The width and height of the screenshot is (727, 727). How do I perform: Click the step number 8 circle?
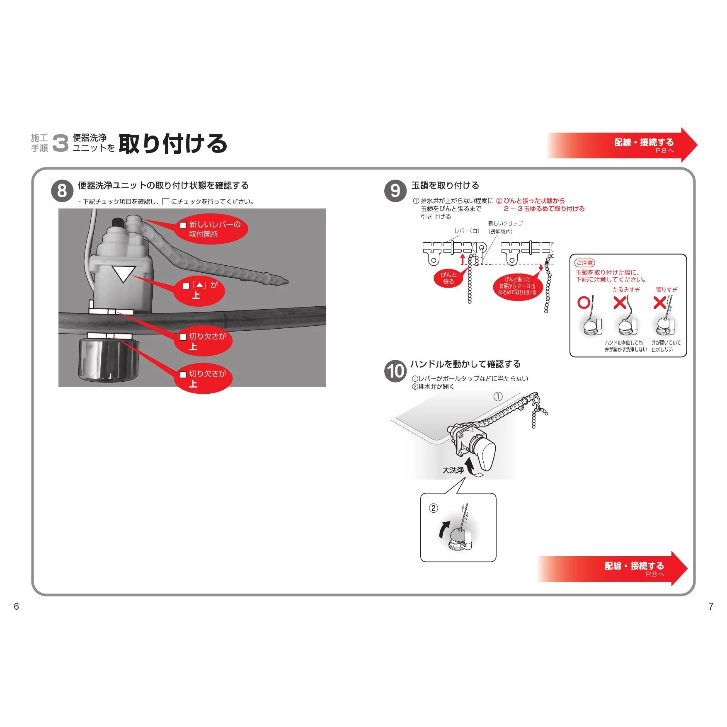click(x=62, y=191)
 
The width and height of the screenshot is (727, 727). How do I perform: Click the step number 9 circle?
click(x=395, y=191)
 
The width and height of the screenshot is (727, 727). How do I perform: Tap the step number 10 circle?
click(x=395, y=371)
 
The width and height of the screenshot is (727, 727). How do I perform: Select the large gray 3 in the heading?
click(x=61, y=143)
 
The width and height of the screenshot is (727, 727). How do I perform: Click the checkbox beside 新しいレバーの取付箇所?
click(x=183, y=225)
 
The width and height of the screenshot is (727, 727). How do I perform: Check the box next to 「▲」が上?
click(x=186, y=286)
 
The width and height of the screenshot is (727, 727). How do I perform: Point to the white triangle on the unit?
click(x=124, y=274)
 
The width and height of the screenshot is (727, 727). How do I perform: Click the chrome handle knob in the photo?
click(x=108, y=359)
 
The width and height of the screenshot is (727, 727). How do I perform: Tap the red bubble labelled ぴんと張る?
click(x=448, y=278)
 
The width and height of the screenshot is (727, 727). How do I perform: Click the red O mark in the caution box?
click(x=584, y=303)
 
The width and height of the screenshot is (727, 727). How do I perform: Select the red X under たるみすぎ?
click(x=620, y=303)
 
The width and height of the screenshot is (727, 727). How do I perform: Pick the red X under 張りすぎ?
click(x=659, y=303)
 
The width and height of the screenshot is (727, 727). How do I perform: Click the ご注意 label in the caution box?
click(x=584, y=263)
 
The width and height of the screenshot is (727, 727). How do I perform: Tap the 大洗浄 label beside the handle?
click(x=453, y=470)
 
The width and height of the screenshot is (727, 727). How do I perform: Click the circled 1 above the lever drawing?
click(x=498, y=397)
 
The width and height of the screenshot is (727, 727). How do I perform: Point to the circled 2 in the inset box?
click(x=433, y=508)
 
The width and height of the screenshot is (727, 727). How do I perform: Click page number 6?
click(x=17, y=606)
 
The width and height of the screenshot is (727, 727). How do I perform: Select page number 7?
click(x=711, y=606)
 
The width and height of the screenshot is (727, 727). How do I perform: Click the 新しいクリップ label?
click(x=505, y=223)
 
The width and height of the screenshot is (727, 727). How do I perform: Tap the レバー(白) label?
click(x=467, y=231)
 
